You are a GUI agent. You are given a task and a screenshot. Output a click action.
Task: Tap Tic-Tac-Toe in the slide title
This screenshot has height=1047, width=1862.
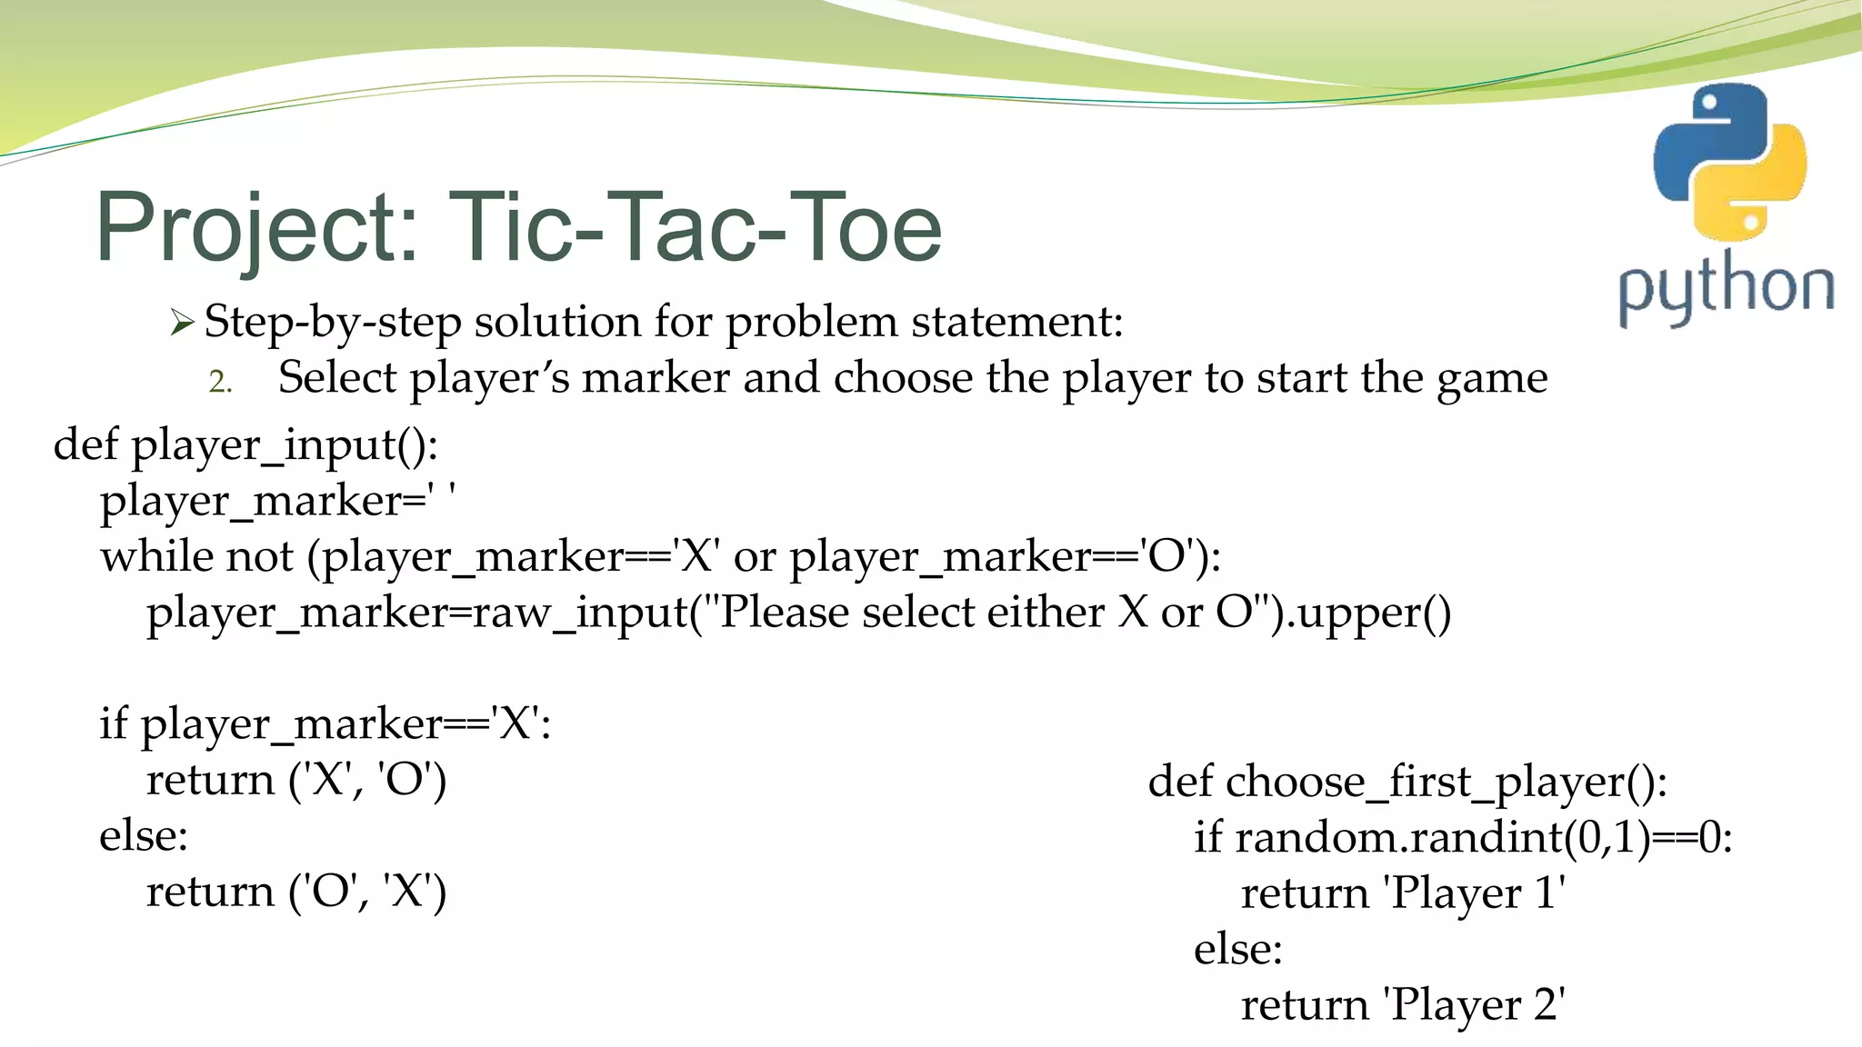point(695,227)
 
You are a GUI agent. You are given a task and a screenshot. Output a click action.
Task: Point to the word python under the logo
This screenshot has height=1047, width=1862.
point(1726,289)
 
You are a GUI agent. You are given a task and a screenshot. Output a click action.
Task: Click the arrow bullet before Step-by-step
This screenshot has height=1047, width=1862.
point(182,323)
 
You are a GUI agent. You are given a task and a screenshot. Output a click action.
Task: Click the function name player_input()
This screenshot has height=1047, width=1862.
point(285,445)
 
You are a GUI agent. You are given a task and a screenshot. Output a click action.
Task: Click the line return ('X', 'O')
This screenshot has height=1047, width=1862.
point(296,780)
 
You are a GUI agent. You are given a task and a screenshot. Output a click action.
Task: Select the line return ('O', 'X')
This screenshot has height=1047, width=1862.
point(296,892)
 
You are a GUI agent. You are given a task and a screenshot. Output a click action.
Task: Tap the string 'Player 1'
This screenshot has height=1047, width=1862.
point(1474,893)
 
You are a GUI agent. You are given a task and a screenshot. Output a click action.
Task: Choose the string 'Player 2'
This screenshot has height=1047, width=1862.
point(1474,1005)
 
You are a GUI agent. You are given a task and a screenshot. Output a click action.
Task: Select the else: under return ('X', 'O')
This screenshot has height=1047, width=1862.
point(144,835)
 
